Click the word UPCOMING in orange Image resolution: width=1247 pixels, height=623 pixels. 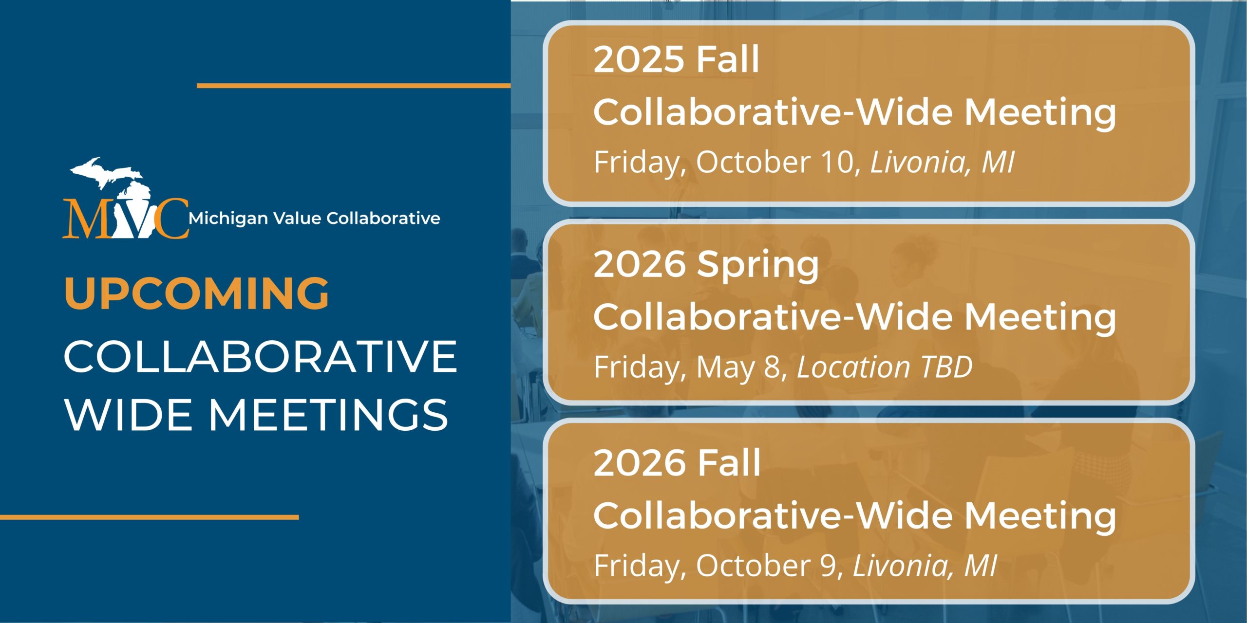pos(197,293)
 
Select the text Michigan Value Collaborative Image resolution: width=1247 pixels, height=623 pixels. pos(315,219)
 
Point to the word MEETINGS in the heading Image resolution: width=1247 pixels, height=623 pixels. pos(328,415)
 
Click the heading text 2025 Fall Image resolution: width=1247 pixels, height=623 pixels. pos(677,59)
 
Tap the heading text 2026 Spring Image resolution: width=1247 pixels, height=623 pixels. pos(706,266)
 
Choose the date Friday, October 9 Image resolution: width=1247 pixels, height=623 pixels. pos(718,566)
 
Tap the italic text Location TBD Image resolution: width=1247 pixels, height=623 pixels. pos(885,367)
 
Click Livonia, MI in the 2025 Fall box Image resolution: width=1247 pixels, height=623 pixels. pos(943,162)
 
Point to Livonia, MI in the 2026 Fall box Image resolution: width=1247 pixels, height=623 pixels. pos(925,566)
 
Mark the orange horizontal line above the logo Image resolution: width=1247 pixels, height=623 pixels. pos(354,86)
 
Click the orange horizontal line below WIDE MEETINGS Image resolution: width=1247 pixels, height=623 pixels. pos(149,517)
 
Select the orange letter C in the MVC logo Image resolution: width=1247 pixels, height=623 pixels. pos(170,219)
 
